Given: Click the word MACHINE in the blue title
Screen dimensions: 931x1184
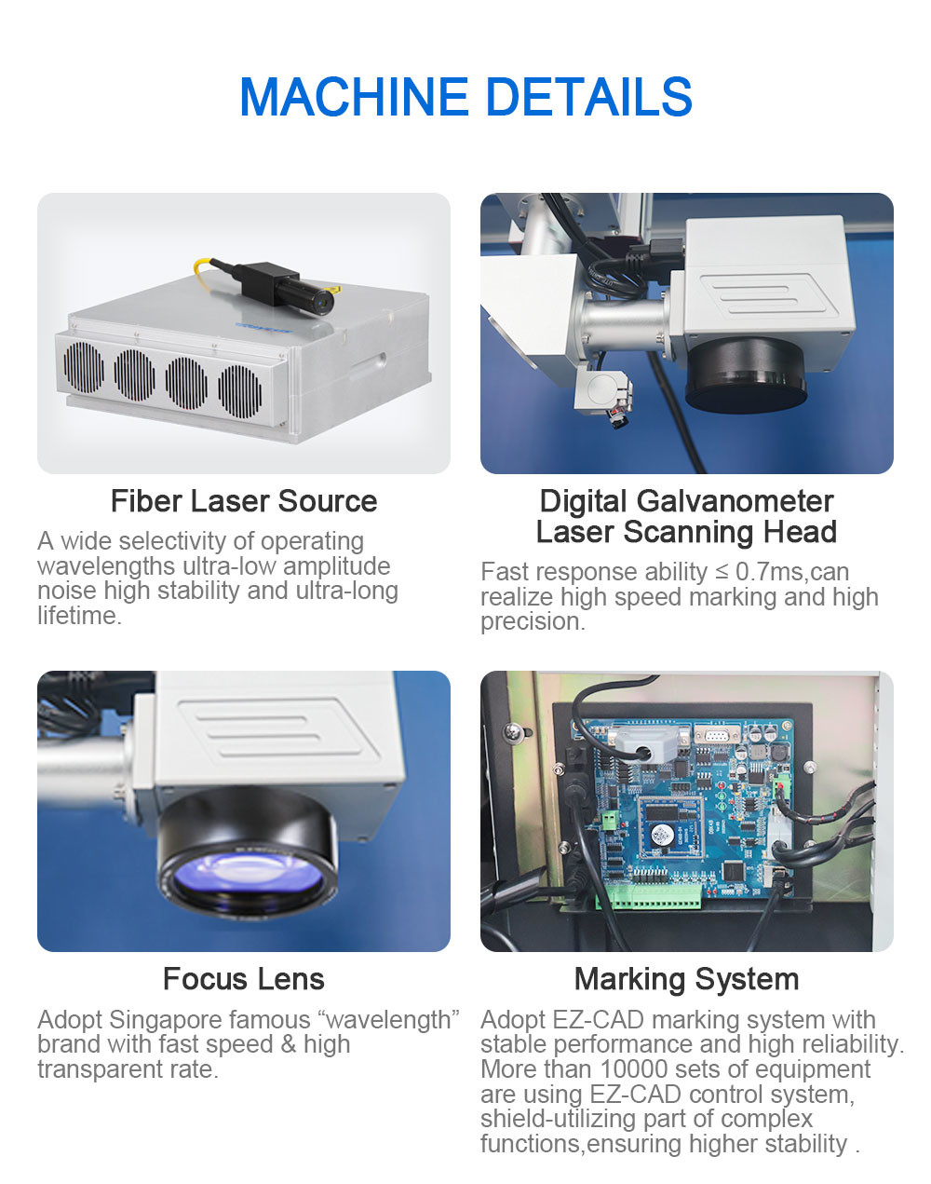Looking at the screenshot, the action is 354,96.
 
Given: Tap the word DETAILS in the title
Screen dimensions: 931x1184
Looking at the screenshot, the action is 589,96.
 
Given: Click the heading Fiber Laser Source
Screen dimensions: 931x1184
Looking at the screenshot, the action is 244,501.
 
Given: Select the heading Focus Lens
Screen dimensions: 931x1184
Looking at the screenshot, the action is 244,979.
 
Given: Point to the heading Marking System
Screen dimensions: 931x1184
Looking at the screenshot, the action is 686,979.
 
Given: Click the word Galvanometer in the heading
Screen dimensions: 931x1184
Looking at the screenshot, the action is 735,501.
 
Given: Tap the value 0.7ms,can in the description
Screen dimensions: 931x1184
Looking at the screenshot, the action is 792,572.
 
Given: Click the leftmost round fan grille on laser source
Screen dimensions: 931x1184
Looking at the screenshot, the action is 84,368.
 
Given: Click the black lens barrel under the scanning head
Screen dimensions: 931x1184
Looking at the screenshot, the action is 747,375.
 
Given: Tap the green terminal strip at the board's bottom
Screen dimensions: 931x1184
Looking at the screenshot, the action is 650,897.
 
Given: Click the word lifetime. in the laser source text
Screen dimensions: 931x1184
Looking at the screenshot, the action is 80,616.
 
